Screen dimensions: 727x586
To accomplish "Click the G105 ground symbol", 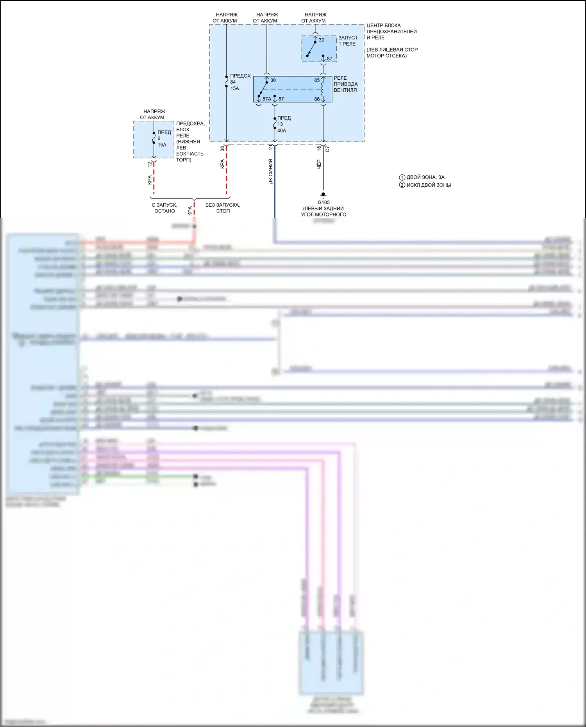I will (x=323, y=195).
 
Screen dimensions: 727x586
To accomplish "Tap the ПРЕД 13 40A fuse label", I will (x=283, y=124).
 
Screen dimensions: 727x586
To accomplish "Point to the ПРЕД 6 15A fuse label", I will (x=164, y=138).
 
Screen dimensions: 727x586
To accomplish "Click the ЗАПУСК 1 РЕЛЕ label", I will (x=347, y=41).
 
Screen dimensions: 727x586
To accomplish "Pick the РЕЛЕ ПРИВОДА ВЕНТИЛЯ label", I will (x=345, y=84).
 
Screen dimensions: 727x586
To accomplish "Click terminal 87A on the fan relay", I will (x=266, y=99).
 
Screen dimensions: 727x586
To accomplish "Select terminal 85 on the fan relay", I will (x=317, y=80).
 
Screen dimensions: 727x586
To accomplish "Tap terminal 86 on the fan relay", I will (x=317, y=99).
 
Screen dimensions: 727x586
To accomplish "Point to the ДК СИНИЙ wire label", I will (x=270, y=171).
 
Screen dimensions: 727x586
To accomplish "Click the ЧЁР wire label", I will (x=319, y=164).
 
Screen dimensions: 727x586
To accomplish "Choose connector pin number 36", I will (x=222, y=148).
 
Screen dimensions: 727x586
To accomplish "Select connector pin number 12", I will (x=150, y=164).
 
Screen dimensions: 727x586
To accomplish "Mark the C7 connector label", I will (x=327, y=149).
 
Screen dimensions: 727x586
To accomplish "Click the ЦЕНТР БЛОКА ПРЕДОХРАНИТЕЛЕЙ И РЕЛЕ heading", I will (x=391, y=31).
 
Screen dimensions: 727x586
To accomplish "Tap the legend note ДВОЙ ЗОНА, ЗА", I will (x=425, y=177).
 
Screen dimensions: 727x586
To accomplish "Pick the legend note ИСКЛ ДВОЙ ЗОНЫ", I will (x=428, y=185).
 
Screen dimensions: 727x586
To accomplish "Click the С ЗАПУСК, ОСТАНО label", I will (x=164, y=208).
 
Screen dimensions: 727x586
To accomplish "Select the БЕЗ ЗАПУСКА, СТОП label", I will (x=223, y=208).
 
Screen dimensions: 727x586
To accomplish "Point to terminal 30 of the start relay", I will (x=321, y=40).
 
